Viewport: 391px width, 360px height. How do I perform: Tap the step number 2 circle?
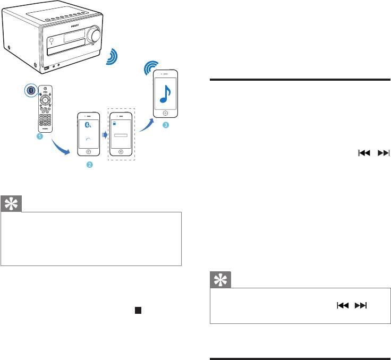89,166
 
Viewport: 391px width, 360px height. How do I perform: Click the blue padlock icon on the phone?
114,123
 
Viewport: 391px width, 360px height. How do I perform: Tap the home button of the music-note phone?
165,113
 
